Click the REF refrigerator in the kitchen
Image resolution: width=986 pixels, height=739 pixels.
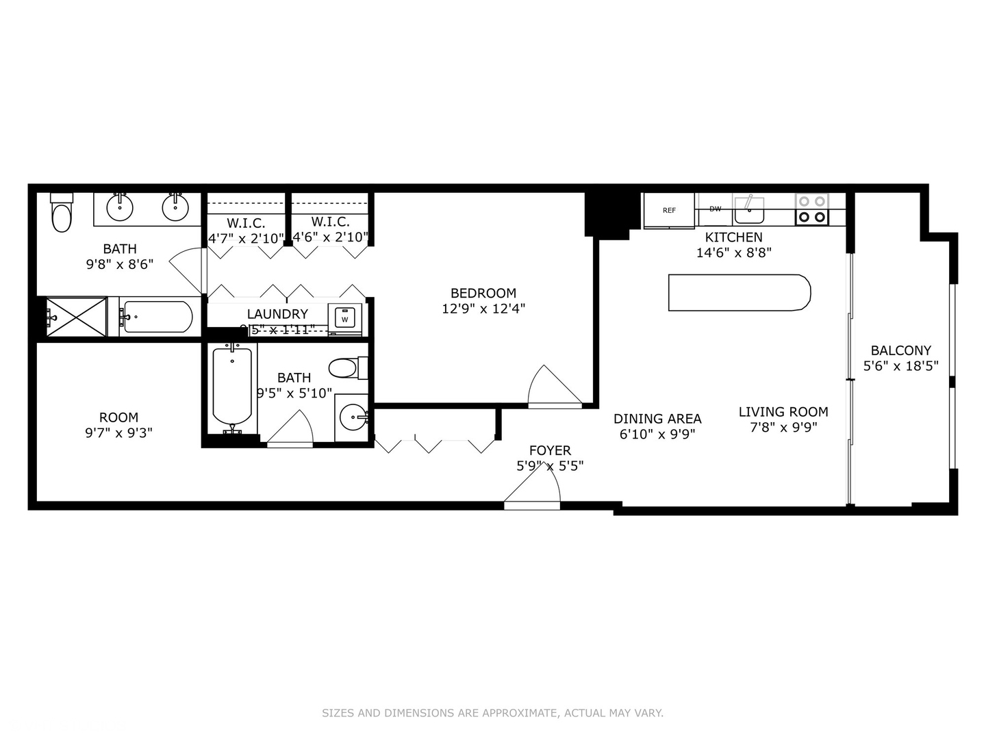pos(669,210)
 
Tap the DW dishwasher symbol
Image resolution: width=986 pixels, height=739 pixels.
pos(715,209)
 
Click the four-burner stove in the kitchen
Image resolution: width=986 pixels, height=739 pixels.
pos(812,209)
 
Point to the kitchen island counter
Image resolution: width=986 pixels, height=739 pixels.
pos(739,293)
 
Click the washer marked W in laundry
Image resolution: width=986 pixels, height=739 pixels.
pos(344,319)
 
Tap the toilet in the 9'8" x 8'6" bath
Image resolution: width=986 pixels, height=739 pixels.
pos(62,213)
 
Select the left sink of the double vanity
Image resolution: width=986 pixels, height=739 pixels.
pos(121,207)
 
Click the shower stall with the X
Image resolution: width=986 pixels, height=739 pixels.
pos(76,317)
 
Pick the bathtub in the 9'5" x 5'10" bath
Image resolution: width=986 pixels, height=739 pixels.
pos(232,387)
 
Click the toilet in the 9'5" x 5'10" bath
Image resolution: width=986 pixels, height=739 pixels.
pos(347,368)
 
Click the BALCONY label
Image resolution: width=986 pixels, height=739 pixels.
pos(900,350)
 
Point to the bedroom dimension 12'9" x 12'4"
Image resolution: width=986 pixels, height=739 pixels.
pos(483,309)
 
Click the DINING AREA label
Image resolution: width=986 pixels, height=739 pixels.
pos(657,419)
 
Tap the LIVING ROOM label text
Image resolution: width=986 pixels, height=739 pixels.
pos(783,412)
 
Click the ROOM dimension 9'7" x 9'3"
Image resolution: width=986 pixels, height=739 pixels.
pos(118,432)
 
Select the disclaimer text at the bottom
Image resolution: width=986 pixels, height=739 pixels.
pos(492,713)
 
